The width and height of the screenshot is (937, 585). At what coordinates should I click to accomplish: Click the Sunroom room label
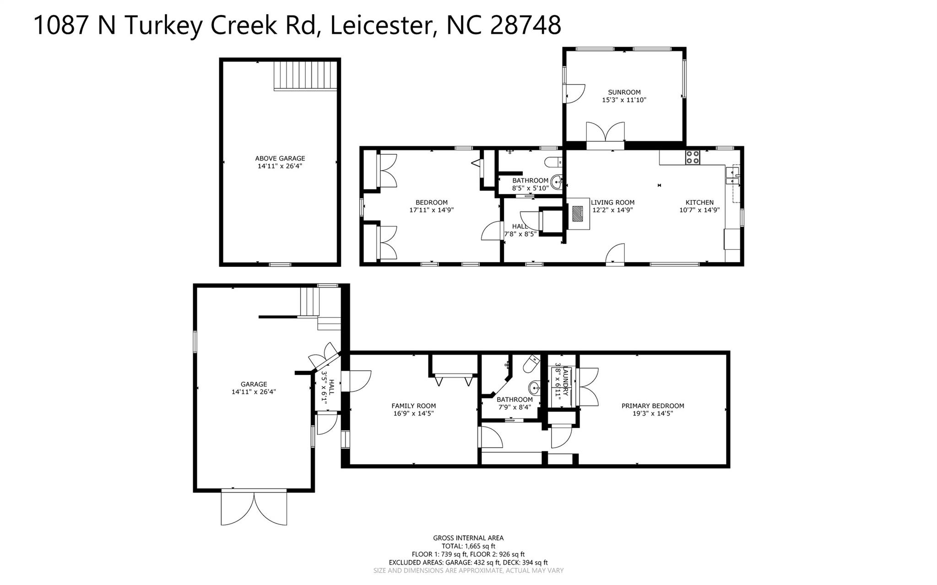(x=624, y=92)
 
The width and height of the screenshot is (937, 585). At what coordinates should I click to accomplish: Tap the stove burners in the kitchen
(x=692, y=157)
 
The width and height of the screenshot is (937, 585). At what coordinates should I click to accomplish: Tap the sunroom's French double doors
(x=605, y=133)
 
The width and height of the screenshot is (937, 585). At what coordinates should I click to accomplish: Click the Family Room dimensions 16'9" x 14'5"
(x=413, y=413)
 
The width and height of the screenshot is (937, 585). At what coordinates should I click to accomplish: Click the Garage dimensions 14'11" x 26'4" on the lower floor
(x=254, y=392)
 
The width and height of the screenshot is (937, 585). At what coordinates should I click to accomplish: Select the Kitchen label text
(x=699, y=202)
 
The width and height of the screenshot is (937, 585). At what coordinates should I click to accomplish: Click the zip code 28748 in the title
(x=525, y=25)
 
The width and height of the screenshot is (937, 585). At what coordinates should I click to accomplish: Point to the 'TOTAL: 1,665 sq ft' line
(x=468, y=546)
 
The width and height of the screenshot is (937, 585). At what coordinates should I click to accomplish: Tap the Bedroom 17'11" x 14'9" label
(x=431, y=206)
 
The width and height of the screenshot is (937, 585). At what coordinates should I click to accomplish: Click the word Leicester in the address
(x=382, y=25)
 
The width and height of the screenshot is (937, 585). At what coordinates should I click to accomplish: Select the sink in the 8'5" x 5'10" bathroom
(x=557, y=182)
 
